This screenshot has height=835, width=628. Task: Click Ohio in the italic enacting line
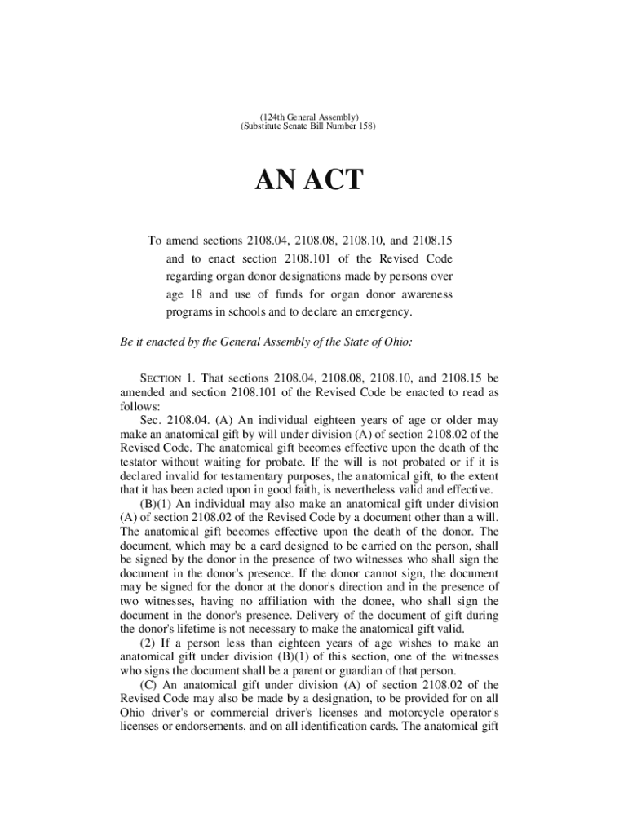pos(396,342)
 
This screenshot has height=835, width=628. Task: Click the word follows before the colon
pos(139,405)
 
